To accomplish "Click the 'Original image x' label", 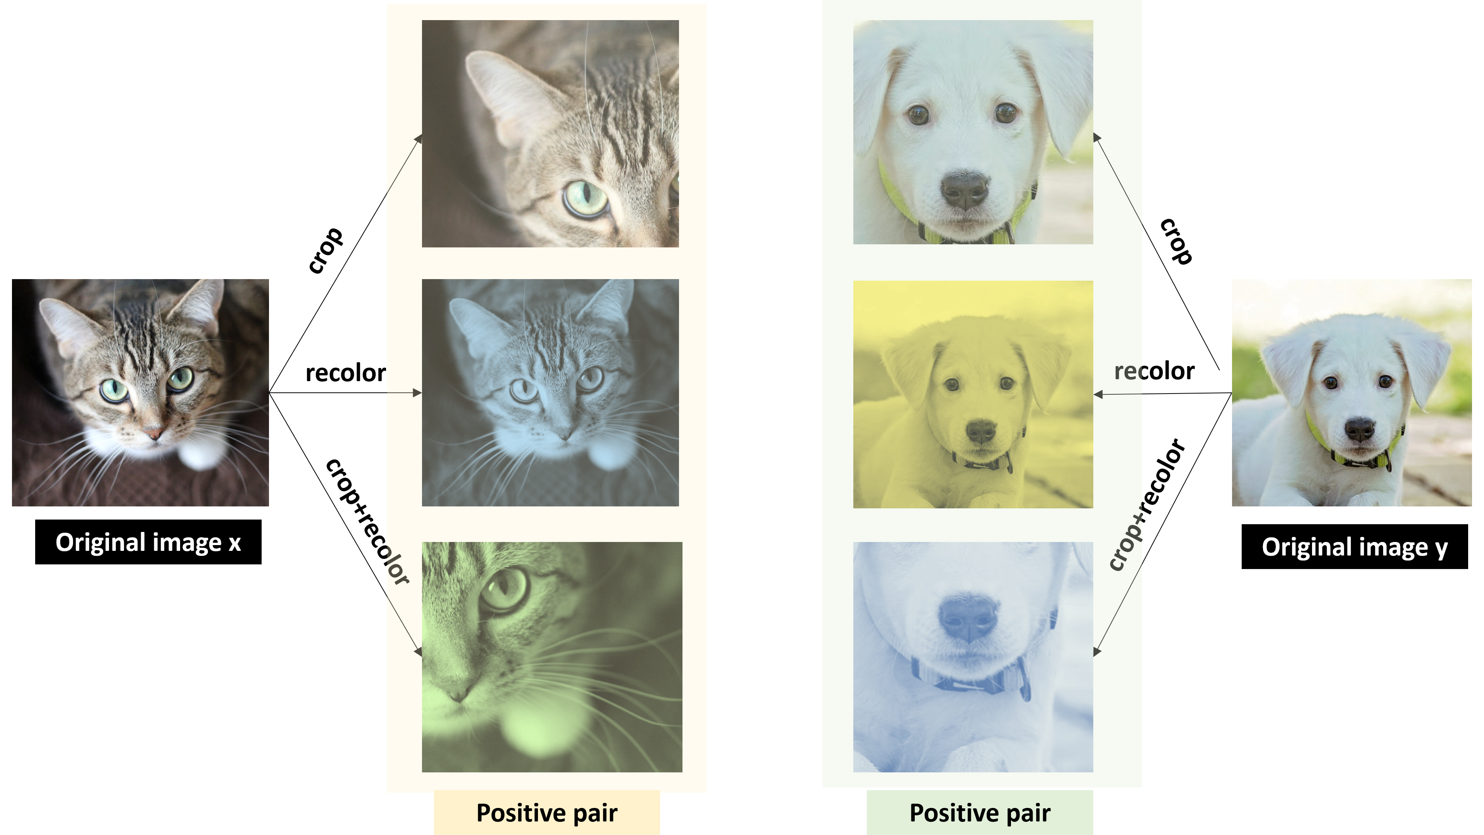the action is (x=148, y=542).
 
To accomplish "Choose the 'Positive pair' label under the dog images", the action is (x=979, y=813).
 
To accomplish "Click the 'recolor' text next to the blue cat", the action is (x=345, y=373).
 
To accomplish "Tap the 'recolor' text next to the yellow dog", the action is (x=1154, y=371).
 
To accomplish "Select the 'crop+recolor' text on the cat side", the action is (x=368, y=521).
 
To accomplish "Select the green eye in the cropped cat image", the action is (x=585, y=198).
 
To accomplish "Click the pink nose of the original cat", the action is (x=155, y=432).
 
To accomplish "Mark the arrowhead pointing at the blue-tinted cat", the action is (x=418, y=393).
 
